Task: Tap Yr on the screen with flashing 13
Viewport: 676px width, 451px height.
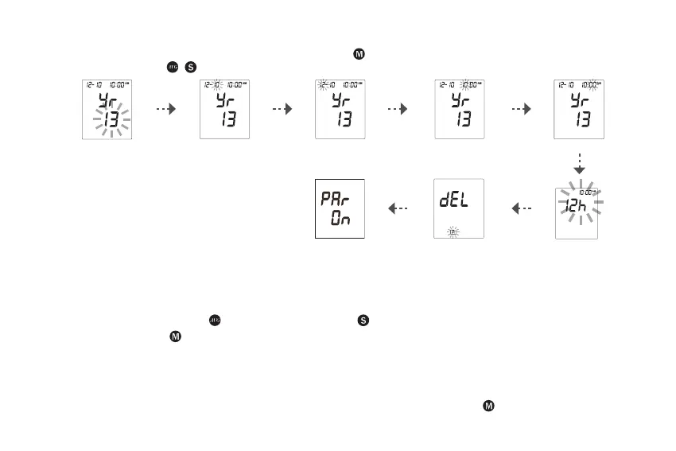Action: click(x=108, y=101)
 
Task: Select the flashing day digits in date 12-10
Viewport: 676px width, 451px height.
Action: click(x=216, y=85)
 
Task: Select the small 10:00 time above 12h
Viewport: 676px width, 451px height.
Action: click(x=588, y=192)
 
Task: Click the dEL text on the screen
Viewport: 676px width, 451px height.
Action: click(x=455, y=200)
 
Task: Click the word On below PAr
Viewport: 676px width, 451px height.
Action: click(x=342, y=220)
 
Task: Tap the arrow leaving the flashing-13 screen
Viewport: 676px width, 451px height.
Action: click(x=165, y=111)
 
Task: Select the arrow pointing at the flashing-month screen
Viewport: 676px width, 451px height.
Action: click(x=282, y=111)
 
